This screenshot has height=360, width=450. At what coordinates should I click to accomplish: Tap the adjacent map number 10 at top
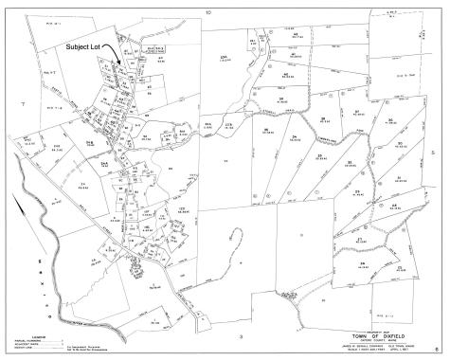207,12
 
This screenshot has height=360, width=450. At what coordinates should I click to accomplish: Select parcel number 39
280,99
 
